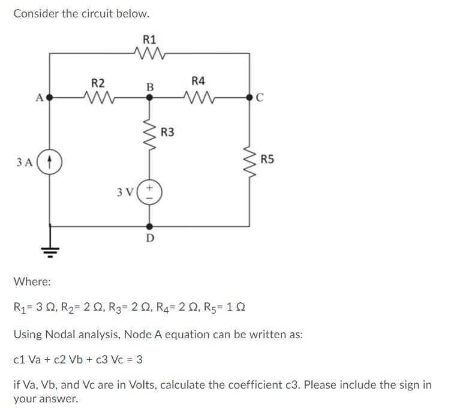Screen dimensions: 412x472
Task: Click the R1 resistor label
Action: click(149, 40)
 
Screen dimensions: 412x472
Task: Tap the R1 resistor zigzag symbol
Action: click(149, 55)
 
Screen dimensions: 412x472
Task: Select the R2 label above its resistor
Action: click(98, 82)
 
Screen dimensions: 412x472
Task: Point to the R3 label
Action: click(167, 132)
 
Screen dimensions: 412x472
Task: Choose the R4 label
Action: click(198, 80)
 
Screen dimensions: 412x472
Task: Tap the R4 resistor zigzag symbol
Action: click(198, 96)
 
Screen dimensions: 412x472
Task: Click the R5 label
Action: click(267, 159)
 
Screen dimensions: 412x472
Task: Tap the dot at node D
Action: click(149, 226)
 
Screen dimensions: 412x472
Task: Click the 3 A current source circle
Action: click(50, 161)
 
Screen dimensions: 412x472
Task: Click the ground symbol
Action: click(50, 248)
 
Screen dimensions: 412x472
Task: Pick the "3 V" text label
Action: click(125, 193)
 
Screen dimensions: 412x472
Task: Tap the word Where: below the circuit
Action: click(32, 281)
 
